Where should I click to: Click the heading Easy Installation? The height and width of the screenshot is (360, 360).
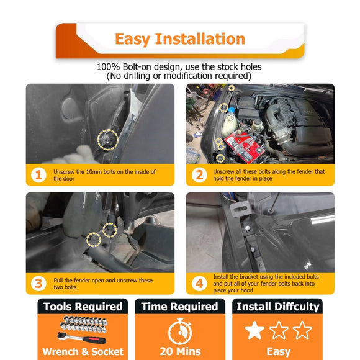point(180,39)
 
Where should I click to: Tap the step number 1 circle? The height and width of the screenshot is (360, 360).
point(38,175)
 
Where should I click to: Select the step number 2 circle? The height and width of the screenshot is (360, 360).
point(199,175)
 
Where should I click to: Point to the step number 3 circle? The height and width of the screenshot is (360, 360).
point(38,284)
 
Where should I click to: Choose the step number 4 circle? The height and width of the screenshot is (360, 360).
point(199,284)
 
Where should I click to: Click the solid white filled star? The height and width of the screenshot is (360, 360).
point(254,330)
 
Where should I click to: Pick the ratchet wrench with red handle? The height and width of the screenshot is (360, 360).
point(81,338)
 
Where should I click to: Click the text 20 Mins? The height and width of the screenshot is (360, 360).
point(180,351)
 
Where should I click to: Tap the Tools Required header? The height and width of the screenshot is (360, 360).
point(83,307)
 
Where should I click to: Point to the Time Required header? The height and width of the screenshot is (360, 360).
point(180,307)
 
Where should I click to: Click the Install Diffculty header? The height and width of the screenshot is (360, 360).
point(278,307)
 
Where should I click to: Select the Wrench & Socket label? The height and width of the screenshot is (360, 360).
point(83,352)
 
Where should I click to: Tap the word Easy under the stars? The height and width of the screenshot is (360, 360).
point(279,352)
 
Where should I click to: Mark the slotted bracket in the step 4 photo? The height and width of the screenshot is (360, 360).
point(239,209)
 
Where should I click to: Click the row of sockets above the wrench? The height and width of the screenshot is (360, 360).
point(83,324)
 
